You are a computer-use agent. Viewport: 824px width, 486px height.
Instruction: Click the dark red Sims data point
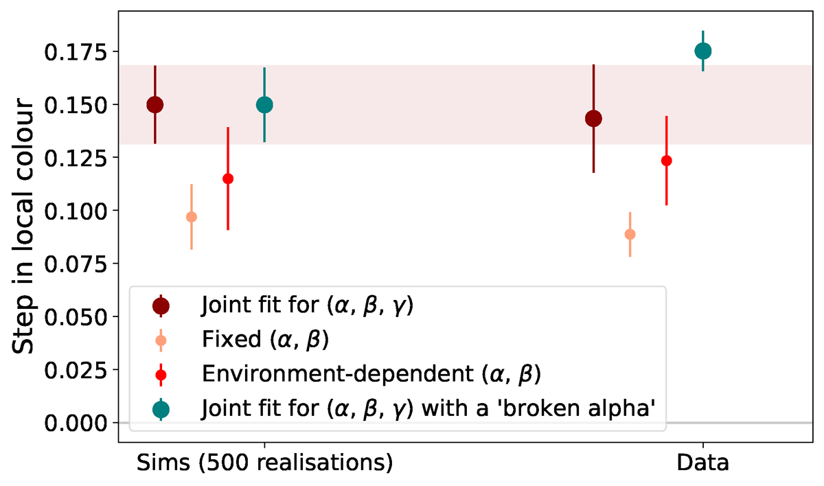coord(155,105)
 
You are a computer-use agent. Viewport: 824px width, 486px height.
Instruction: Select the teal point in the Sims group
coord(264,105)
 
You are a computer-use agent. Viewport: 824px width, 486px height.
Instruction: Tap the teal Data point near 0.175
coord(703,51)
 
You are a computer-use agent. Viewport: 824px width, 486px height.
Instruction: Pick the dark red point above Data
coord(593,118)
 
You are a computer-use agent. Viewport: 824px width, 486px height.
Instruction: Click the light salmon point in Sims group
coord(192,217)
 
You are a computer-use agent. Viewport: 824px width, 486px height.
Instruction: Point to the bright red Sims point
coord(228,178)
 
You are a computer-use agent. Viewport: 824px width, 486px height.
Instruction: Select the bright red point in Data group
coord(667,161)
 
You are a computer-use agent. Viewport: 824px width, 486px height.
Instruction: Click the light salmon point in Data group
coord(630,234)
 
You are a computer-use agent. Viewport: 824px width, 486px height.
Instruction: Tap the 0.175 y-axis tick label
coord(76,52)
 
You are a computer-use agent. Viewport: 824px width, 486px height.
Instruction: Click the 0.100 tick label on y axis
coord(76,211)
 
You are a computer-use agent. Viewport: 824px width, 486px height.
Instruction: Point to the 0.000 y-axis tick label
coord(76,423)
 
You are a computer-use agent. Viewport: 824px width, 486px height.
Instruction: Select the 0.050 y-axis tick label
coord(76,317)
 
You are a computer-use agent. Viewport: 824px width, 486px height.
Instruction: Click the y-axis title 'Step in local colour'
coord(23,226)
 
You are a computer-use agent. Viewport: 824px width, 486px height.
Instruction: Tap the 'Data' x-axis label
coord(703,463)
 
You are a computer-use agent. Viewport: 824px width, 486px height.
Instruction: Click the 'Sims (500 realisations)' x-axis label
coord(265,463)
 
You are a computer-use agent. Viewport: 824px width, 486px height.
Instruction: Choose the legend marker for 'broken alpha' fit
coord(161,410)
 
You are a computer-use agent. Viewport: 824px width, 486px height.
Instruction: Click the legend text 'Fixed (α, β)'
coord(265,339)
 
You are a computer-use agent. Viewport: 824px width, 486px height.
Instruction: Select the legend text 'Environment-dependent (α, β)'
coord(371,374)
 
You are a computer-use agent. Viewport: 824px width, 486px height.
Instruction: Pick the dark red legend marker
coord(161,305)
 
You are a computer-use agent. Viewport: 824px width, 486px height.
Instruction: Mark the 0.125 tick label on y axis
coord(76,158)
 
